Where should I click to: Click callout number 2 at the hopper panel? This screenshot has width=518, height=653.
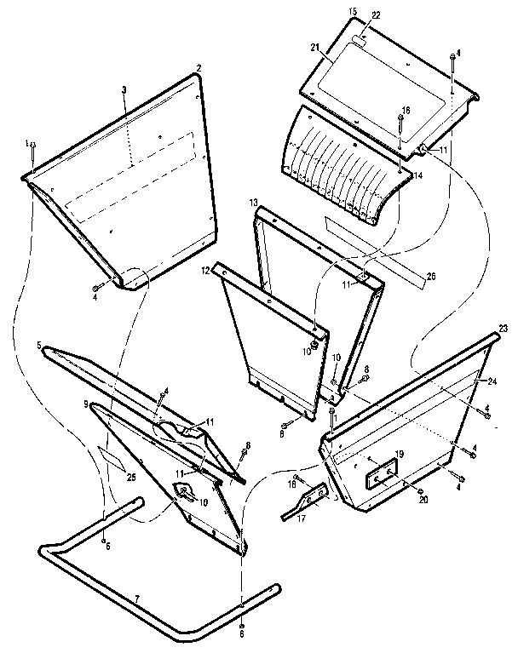199,67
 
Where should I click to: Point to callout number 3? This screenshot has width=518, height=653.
124,89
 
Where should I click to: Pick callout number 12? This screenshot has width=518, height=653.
205,270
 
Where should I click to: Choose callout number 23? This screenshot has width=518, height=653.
503,328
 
